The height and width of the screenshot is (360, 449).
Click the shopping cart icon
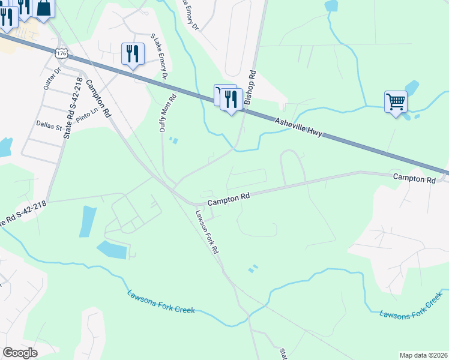[x=396, y=101]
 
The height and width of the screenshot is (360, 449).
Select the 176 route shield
[x=61, y=53]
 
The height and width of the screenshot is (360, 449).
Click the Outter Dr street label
[x=52, y=78]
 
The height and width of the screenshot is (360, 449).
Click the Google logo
[x=20, y=353]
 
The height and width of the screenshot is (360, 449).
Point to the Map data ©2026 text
[x=423, y=355]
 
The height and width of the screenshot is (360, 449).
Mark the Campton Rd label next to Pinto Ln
[x=99, y=98]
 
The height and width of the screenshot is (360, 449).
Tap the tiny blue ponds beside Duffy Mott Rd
[x=173, y=141]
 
